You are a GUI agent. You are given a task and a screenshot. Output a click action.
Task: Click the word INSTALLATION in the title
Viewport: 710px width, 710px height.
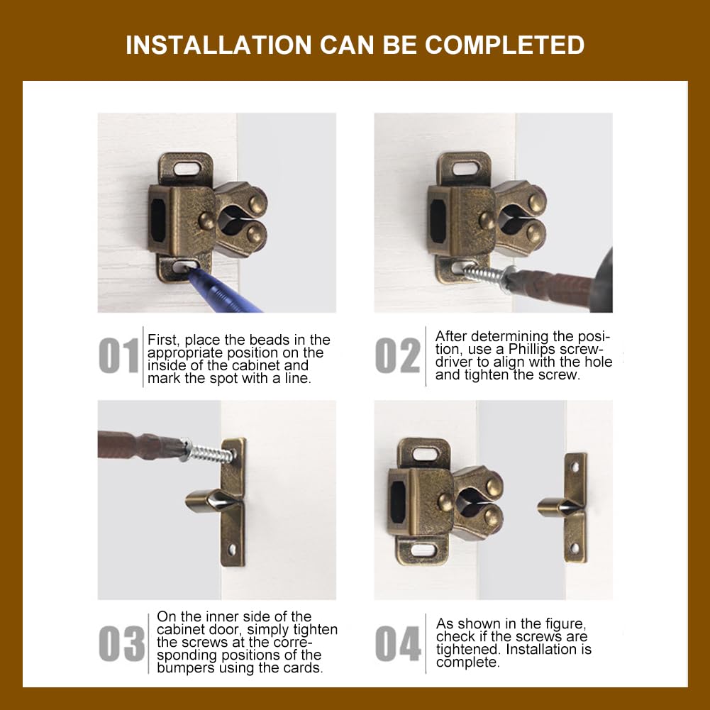(x=218, y=45)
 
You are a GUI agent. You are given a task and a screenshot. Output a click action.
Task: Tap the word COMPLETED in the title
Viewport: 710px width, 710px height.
(x=504, y=45)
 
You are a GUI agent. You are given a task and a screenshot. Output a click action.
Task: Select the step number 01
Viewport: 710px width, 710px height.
(x=118, y=355)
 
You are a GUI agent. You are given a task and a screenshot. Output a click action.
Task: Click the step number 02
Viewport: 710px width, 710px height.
(x=398, y=355)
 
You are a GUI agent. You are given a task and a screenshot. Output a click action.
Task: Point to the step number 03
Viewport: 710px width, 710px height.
(x=121, y=643)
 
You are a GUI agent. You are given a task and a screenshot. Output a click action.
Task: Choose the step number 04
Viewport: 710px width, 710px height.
(x=398, y=643)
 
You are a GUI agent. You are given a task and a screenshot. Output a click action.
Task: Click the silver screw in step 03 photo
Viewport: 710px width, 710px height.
(x=209, y=451)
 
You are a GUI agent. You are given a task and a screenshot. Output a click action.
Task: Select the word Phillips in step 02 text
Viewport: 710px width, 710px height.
(x=531, y=349)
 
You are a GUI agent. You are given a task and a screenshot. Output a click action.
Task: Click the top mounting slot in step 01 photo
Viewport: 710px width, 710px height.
(x=187, y=169)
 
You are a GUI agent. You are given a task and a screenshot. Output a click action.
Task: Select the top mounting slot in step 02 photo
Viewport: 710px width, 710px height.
(x=465, y=168)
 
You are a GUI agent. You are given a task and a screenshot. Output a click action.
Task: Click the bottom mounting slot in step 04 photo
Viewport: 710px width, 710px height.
(x=423, y=550)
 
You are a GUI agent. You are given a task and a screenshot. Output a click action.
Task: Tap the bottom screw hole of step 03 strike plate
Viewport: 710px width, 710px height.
(x=232, y=550)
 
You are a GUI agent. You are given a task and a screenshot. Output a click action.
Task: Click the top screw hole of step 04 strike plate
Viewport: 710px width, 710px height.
(x=575, y=467)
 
